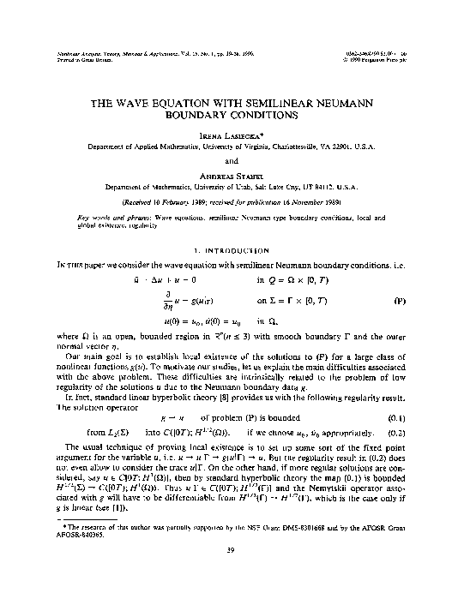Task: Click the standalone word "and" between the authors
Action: pos(231,159)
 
